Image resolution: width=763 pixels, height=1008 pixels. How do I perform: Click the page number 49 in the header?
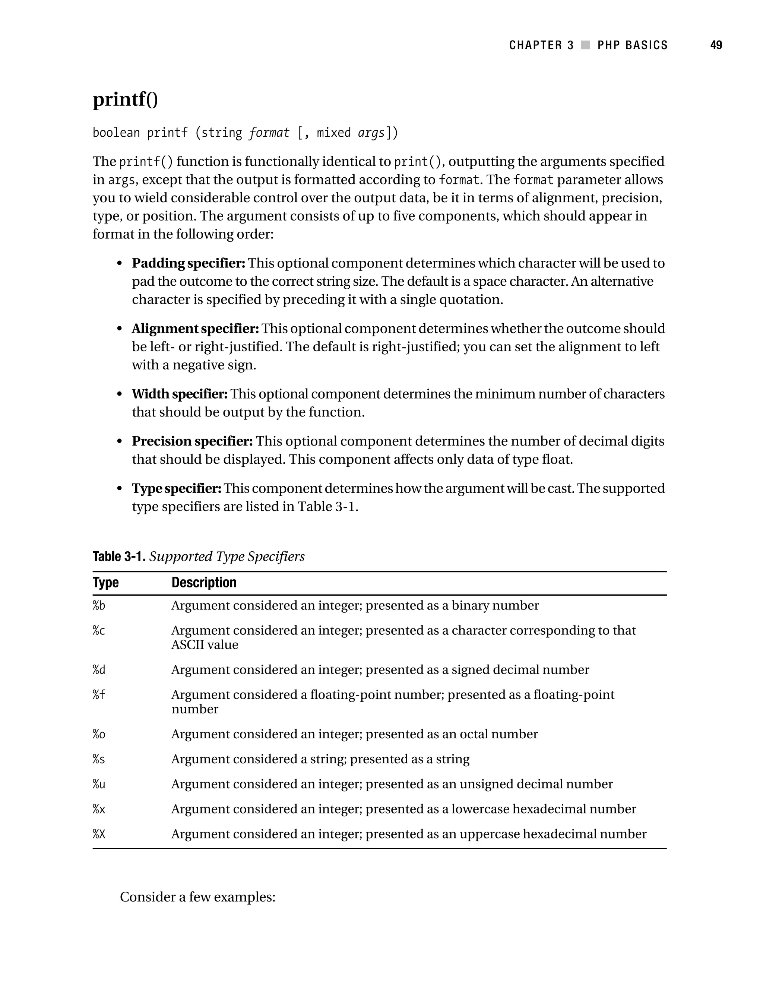(716, 45)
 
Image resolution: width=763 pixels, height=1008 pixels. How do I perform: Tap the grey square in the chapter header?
(586, 45)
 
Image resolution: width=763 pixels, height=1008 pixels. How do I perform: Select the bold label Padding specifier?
(188, 263)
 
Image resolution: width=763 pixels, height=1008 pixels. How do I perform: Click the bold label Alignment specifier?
(195, 329)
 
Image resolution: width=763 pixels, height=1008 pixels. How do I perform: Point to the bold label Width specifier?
(180, 394)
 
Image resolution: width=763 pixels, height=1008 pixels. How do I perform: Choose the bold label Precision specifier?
(192, 441)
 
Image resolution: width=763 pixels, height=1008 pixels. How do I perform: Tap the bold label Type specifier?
(176, 488)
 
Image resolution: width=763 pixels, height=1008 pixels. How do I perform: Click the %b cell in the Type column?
(99, 606)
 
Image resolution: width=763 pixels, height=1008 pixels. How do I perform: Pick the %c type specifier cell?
(99, 631)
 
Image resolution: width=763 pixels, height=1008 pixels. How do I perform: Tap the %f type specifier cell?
(99, 695)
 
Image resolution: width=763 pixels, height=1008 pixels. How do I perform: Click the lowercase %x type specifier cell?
(99, 809)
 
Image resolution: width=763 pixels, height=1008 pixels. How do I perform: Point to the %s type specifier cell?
(99, 759)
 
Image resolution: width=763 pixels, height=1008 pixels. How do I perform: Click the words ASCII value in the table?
(205, 645)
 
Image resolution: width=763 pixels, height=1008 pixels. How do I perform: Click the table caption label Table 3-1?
(119, 557)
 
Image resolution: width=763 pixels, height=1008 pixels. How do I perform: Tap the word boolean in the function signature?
(116, 133)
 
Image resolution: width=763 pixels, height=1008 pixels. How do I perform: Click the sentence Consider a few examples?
(197, 897)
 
